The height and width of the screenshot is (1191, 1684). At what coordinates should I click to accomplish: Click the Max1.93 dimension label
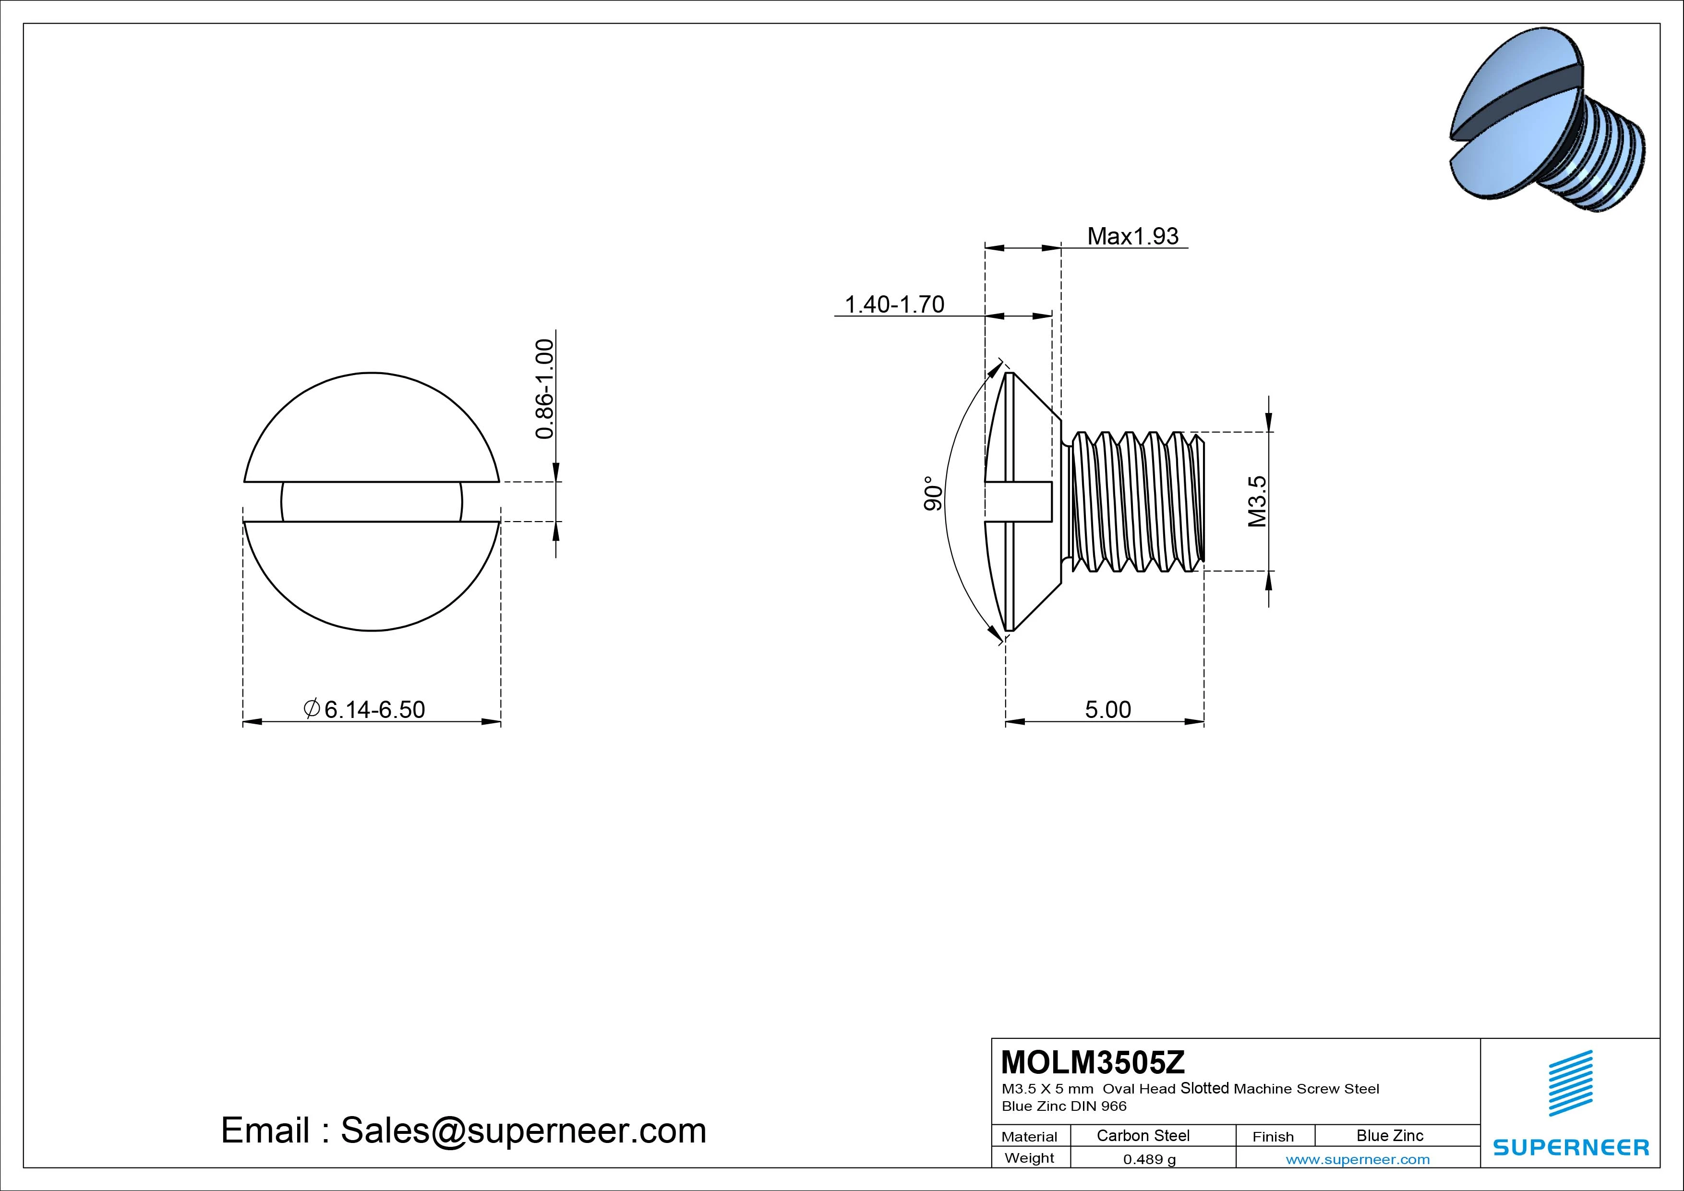(1132, 236)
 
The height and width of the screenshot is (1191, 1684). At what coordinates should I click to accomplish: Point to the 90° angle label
(933, 493)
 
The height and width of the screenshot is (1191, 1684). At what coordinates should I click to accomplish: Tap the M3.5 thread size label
(1257, 501)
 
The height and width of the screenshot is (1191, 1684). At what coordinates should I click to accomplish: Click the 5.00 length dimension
(1107, 710)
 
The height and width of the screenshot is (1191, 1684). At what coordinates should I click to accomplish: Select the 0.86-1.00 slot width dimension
(544, 389)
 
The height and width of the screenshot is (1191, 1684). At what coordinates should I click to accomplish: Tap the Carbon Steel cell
(1143, 1136)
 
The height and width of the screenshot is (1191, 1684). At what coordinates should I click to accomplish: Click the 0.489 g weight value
(1149, 1159)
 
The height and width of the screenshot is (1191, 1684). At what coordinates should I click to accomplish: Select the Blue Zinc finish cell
(1389, 1136)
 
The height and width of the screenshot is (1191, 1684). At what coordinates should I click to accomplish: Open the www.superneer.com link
(1357, 1159)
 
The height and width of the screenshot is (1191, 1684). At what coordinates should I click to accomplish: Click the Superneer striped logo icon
(1570, 1083)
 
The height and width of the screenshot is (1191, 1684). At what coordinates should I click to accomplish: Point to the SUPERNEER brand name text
(1570, 1147)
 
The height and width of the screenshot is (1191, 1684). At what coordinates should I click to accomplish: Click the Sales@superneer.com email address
(523, 1130)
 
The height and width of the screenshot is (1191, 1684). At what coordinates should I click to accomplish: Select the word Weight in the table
(1029, 1158)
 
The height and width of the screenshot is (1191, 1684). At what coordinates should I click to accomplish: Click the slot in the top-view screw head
(372, 502)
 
